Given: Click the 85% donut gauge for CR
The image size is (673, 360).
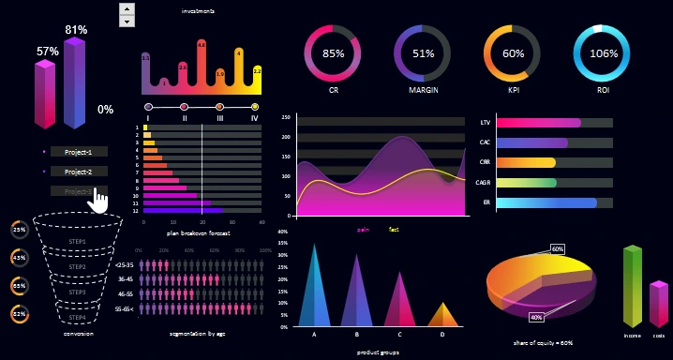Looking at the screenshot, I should (x=333, y=53).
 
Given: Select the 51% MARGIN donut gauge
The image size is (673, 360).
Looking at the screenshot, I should (x=423, y=53).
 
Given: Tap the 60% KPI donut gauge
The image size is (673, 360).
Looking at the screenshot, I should (x=513, y=53).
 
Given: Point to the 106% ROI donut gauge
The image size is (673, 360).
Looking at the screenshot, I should (x=598, y=53).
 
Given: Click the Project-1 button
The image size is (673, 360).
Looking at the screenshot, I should (x=79, y=151).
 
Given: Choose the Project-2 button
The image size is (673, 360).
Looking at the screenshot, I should (x=79, y=172).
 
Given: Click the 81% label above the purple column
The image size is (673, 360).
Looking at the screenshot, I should (x=76, y=30).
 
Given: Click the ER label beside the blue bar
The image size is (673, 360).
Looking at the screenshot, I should (x=485, y=202).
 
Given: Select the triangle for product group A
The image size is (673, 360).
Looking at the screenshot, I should (x=314, y=291).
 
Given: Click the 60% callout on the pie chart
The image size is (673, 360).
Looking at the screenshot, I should (x=557, y=249).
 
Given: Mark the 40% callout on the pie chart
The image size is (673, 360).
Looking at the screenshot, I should (x=536, y=317).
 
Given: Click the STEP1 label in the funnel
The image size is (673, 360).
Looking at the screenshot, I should (x=78, y=242).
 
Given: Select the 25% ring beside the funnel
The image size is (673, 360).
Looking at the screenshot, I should (x=20, y=229).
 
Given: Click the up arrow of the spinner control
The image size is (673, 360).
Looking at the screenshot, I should (x=127, y=8).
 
